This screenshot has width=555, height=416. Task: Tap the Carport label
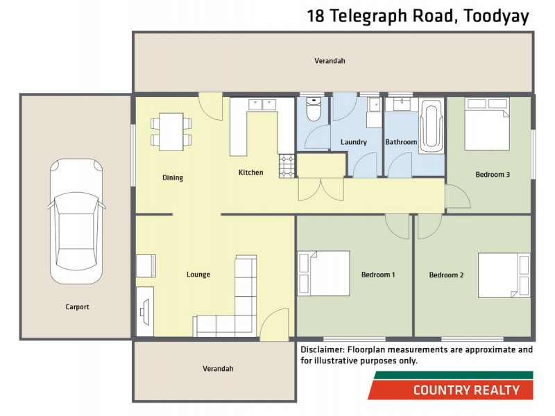(x=78, y=306)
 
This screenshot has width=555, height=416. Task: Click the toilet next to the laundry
(x=314, y=110)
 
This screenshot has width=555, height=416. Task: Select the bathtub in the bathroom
(x=431, y=124)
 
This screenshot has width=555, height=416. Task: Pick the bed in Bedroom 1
(x=324, y=273)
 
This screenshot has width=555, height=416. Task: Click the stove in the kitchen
(x=287, y=165)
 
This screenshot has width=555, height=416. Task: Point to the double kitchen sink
(x=262, y=105)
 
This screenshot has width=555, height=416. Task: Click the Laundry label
(x=354, y=142)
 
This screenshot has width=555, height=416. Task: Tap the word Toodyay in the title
(x=495, y=16)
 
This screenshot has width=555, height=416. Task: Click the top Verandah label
(x=330, y=61)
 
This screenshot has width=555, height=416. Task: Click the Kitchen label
(x=250, y=172)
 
